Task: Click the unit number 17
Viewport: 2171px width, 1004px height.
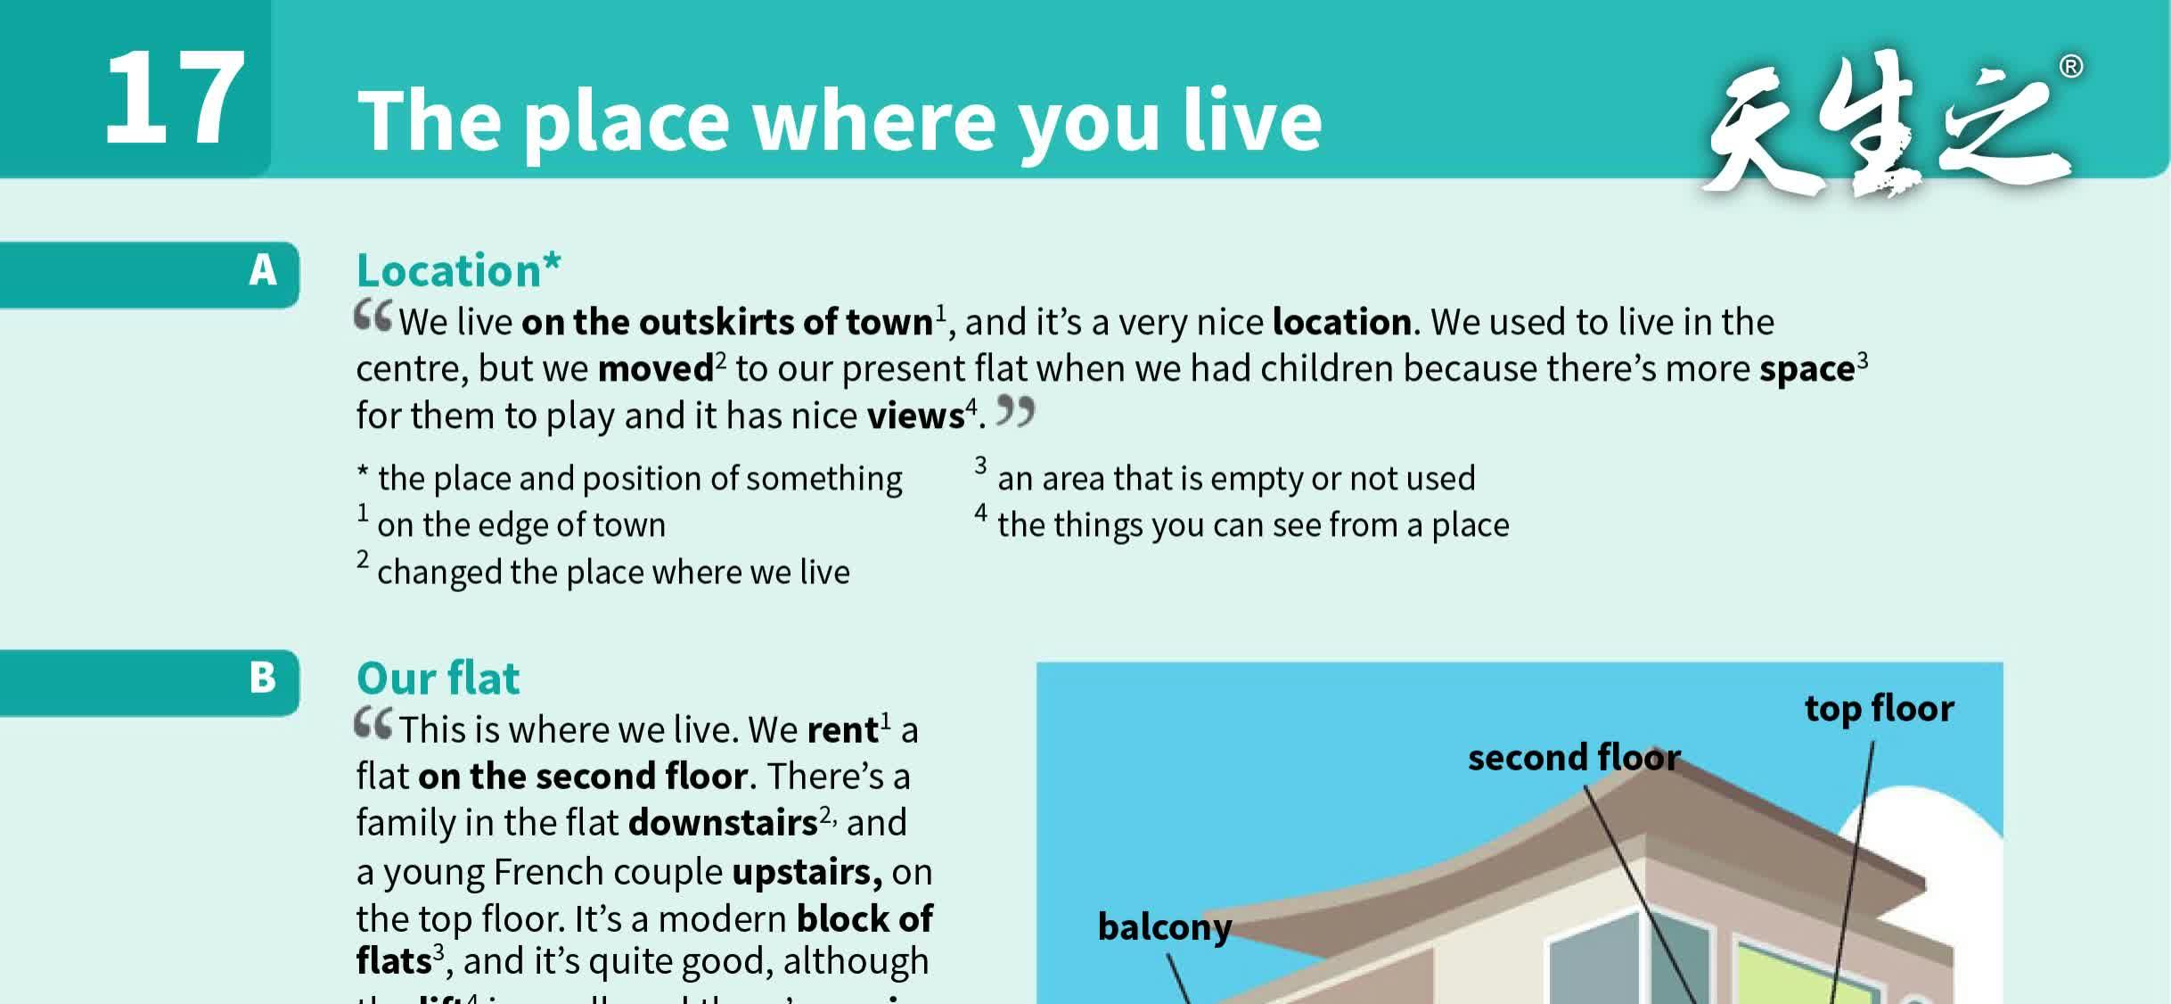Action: pos(175,98)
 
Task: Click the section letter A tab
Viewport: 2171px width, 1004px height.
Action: pos(263,270)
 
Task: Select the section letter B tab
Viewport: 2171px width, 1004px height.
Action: pos(263,678)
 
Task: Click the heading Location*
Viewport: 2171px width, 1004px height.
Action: pos(458,270)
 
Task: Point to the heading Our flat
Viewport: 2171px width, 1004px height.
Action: pos(438,679)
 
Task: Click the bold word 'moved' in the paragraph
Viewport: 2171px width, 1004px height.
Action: pos(655,369)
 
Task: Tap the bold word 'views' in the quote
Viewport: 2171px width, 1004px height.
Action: pos(915,416)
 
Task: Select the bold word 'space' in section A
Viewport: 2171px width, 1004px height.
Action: pos(1806,369)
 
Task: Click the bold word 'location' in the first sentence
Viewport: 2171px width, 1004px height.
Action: pos(1342,322)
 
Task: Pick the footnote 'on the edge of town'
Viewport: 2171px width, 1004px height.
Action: pos(520,525)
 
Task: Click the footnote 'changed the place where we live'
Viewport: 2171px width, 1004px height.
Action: pos(613,572)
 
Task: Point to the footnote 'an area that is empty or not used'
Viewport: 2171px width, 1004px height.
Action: pos(1235,479)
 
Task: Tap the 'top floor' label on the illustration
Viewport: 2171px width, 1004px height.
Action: pos(1879,709)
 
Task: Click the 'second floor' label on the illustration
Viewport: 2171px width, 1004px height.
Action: pos(1573,758)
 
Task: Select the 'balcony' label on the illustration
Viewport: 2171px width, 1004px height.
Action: pos(1164,927)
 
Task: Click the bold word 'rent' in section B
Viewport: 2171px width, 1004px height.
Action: pos(842,730)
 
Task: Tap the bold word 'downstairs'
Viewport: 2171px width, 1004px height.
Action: pos(723,823)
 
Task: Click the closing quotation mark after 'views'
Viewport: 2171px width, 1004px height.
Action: pos(1015,411)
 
